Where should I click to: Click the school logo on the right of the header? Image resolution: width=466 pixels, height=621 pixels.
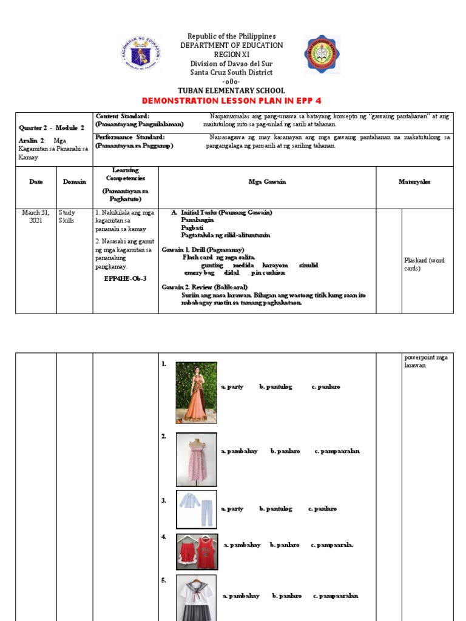click(x=322, y=55)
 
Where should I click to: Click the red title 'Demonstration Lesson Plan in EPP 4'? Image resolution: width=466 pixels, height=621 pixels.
click(x=235, y=100)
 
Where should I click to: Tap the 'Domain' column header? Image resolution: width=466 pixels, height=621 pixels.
click(x=75, y=182)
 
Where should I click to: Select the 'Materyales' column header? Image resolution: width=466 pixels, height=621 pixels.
click(x=414, y=182)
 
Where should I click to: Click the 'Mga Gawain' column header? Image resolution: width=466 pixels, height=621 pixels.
click(x=267, y=182)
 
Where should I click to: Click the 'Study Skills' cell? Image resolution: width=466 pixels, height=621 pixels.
click(x=67, y=217)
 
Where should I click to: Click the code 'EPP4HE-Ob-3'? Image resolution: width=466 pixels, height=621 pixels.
click(x=125, y=278)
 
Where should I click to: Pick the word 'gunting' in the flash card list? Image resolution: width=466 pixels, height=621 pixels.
click(x=212, y=266)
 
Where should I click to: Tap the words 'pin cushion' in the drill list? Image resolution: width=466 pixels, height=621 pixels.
click(x=268, y=273)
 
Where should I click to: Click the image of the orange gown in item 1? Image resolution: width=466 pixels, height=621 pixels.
click(x=196, y=393)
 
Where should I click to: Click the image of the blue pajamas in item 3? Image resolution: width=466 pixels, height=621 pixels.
click(x=196, y=509)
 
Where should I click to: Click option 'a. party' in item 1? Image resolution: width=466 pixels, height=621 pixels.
click(x=232, y=386)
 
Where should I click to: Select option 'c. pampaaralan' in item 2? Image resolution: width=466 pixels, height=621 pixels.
click(x=337, y=451)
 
